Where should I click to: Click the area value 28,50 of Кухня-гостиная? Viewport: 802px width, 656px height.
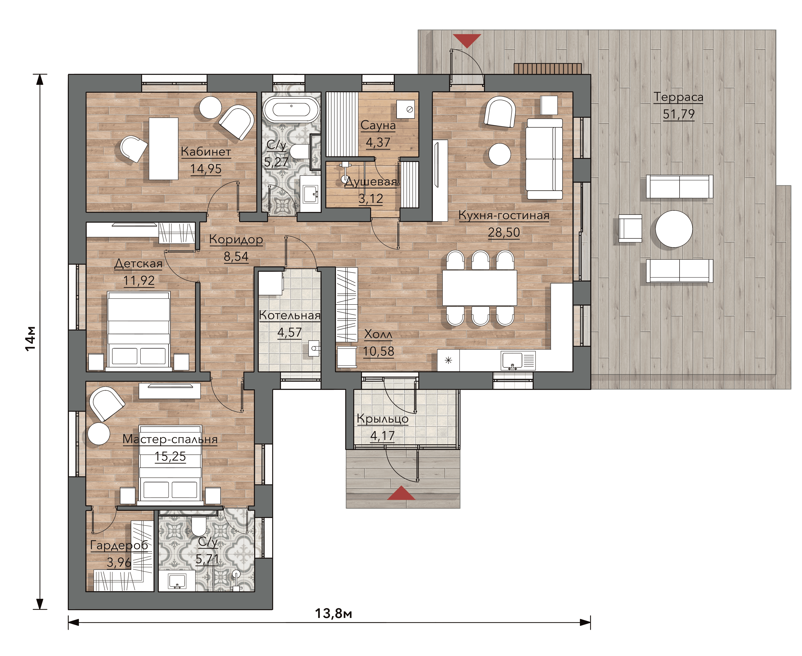[504, 232]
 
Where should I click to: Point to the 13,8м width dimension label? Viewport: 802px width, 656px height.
[334, 613]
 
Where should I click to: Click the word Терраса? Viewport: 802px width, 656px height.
[678, 97]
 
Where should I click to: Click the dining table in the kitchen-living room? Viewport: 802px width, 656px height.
[480, 288]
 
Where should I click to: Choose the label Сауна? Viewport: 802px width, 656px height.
[378, 125]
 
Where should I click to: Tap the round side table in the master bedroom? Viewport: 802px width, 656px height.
[99, 433]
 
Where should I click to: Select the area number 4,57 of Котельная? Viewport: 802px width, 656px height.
[289, 333]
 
